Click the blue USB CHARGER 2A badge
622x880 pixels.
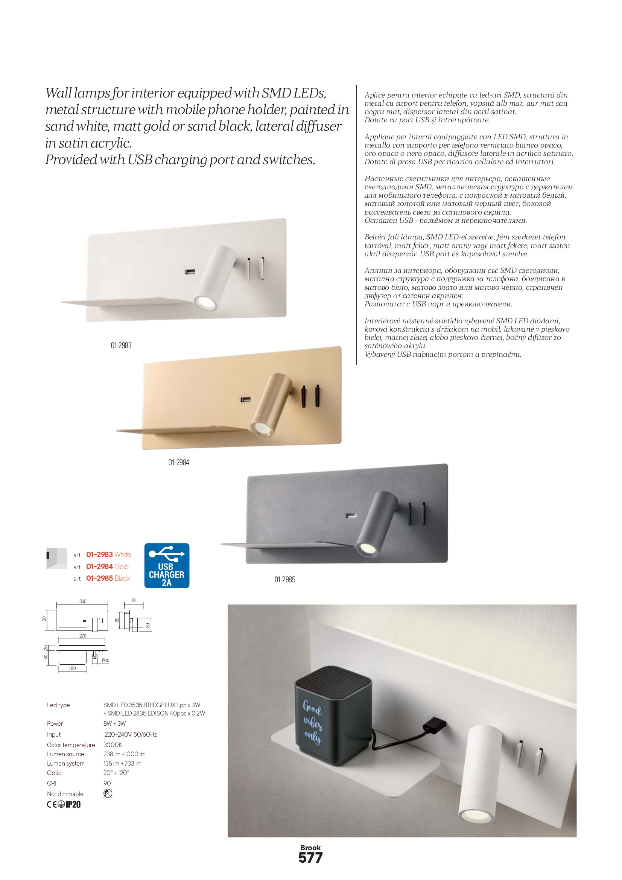pos(167,565)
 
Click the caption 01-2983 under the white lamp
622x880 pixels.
pos(121,345)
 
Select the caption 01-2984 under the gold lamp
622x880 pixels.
pos(179,463)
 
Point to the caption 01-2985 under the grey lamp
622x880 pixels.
pos(285,580)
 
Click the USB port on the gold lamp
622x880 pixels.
pos(246,400)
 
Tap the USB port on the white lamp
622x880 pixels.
pos(190,272)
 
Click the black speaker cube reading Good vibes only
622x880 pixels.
pos(333,717)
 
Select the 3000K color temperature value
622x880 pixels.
pos(113,745)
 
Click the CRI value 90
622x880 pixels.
pos(107,783)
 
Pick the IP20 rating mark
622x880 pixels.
pos(73,804)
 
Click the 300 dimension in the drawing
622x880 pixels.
pos(83,601)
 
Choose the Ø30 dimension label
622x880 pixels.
pos(105,661)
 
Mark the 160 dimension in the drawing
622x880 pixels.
pos(72,668)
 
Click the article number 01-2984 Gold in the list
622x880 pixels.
pos(107,566)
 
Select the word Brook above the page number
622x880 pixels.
pos(310,847)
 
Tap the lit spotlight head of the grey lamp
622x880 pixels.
pos(367,549)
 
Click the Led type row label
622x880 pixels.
pos(58,705)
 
